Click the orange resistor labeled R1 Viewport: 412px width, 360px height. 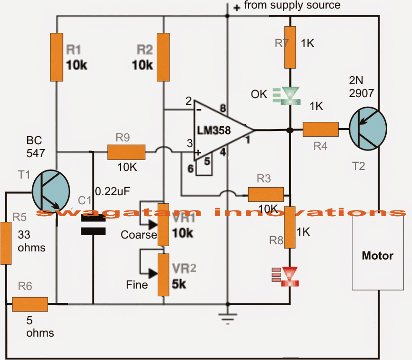tap(57, 57)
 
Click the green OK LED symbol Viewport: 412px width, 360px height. tap(289, 94)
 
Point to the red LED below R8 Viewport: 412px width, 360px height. tap(289, 277)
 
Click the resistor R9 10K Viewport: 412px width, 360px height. tap(126, 152)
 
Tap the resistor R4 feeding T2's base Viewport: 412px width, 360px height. tap(320, 130)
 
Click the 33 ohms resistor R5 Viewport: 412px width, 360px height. tap(6, 243)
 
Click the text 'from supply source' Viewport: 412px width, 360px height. tap(292, 6)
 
